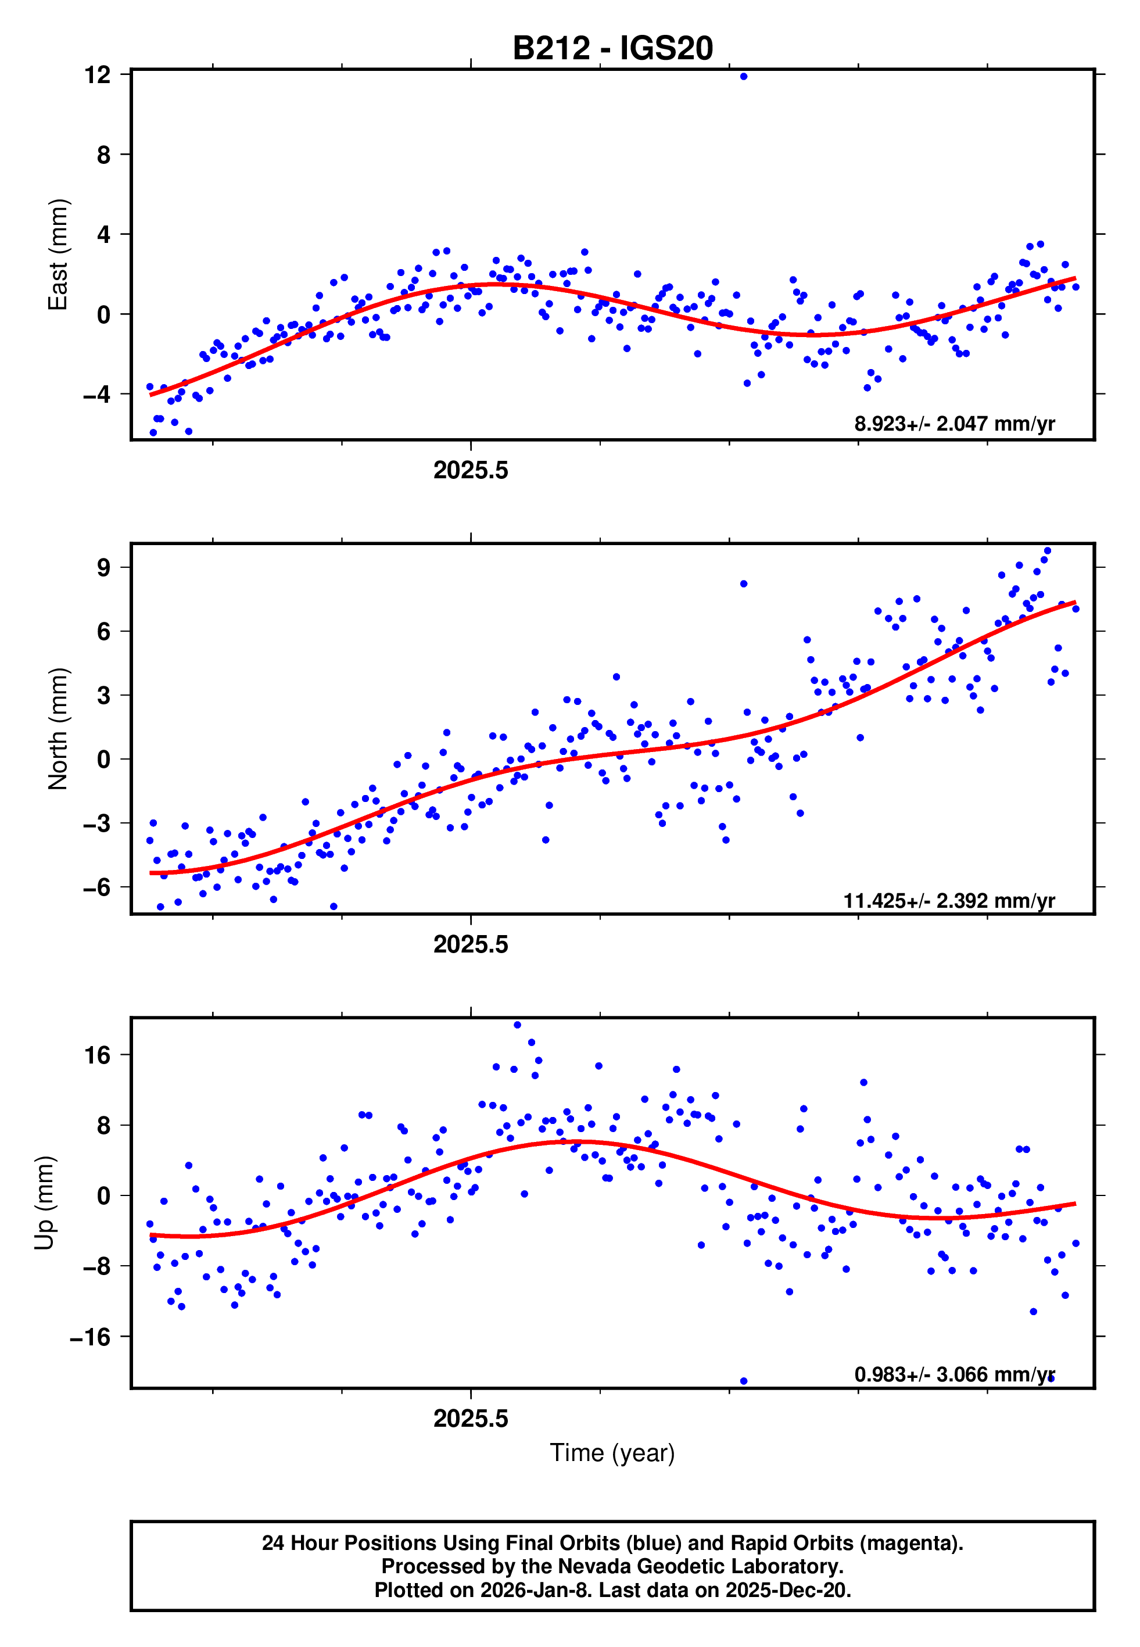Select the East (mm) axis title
[x=57, y=255]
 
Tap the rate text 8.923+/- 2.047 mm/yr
[x=953, y=424]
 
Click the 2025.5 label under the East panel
[x=470, y=470]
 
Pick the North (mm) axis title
[x=57, y=729]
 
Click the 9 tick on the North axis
[x=103, y=568]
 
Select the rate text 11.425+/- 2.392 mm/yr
[x=949, y=901]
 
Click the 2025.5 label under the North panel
[x=470, y=944]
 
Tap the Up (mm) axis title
[x=44, y=1203]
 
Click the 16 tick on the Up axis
[x=97, y=1055]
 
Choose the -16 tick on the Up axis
[x=90, y=1336]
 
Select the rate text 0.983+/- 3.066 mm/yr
[x=953, y=1374]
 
